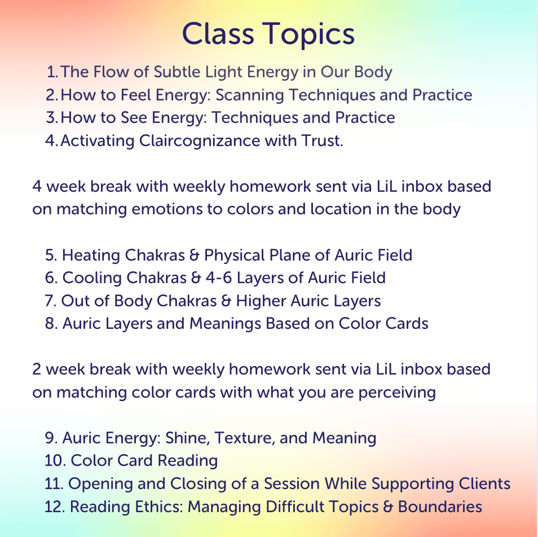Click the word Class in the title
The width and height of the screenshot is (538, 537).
point(218,34)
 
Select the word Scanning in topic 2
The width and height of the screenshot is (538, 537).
point(249,96)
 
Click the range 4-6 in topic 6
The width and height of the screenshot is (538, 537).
point(219,278)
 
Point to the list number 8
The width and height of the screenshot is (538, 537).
point(51,324)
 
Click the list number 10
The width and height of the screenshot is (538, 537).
point(55,460)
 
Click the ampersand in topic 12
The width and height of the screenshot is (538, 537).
point(388,507)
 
